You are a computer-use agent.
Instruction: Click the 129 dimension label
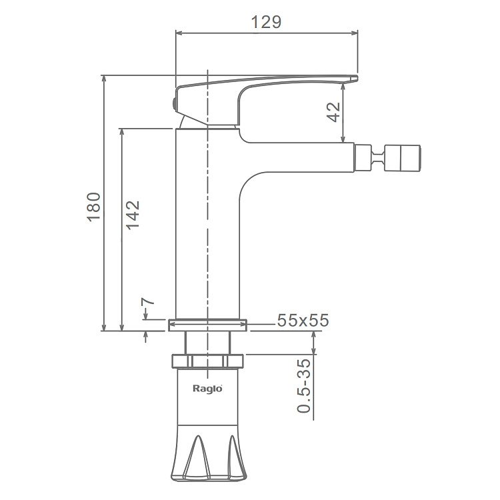pos(266,22)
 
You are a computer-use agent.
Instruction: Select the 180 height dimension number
pos(93,207)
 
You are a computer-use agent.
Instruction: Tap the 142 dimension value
pos(133,215)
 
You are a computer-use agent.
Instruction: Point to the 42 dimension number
pos(333,112)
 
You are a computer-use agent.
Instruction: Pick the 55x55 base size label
pos(303,320)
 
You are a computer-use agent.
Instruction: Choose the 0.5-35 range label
pos(304,385)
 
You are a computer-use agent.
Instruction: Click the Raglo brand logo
pos(207,389)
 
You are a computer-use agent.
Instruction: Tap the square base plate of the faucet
pos(208,325)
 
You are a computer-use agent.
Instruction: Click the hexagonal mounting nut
pos(207,361)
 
